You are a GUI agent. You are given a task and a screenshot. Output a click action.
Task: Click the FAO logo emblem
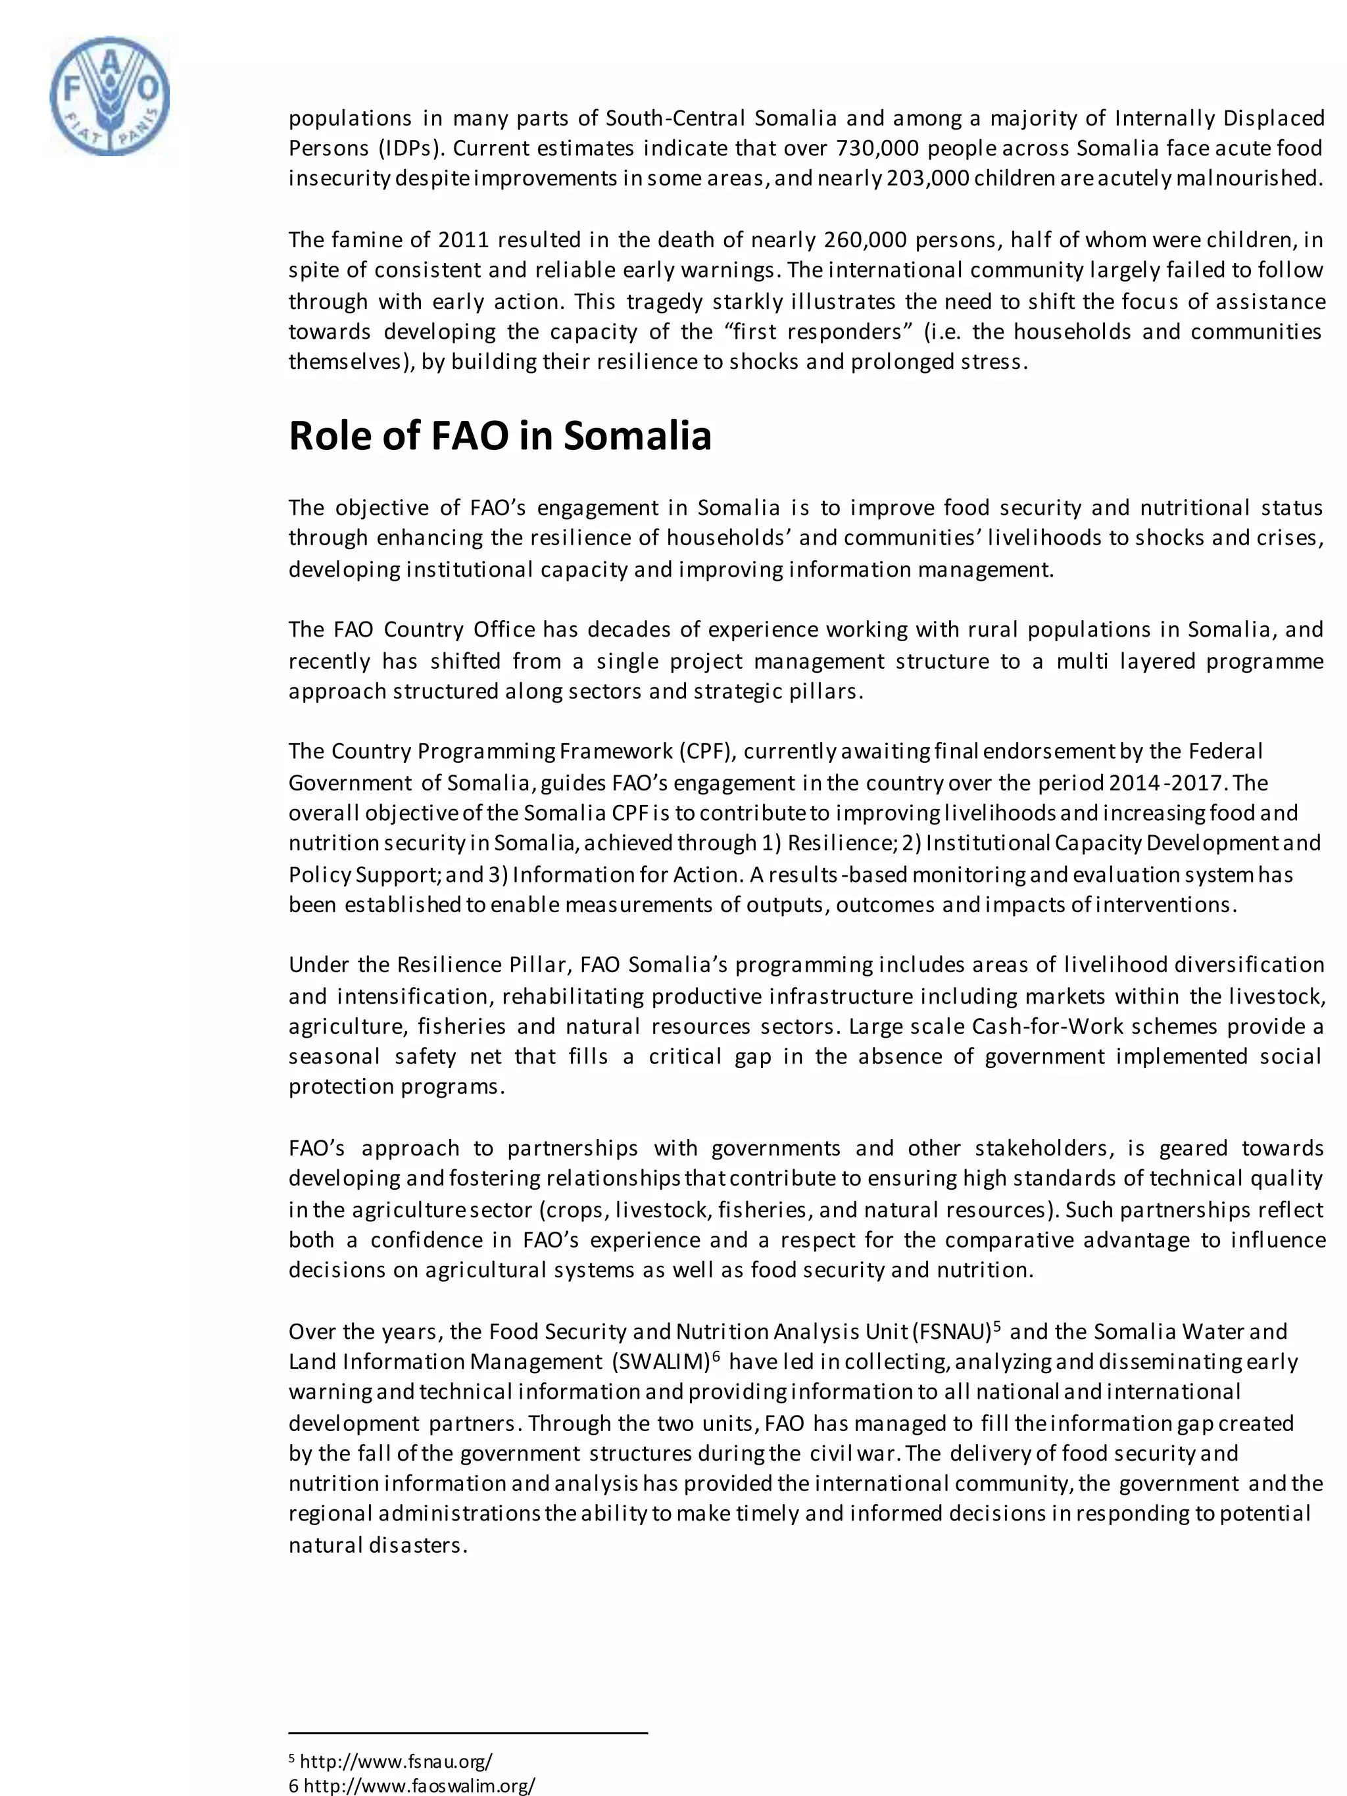click(110, 96)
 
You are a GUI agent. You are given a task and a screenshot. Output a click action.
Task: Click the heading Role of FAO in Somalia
click(500, 436)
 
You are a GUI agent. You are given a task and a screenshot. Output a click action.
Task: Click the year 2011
click(464, 240)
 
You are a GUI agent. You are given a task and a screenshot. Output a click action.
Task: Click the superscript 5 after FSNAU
click(997, 1326)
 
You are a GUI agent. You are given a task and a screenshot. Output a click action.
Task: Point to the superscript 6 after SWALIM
click(716, 1357)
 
